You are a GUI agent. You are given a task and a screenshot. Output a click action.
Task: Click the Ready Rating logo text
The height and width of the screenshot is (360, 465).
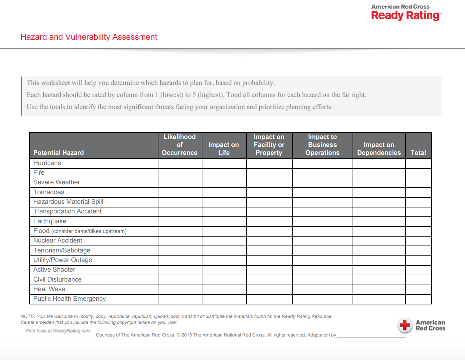point(406,15)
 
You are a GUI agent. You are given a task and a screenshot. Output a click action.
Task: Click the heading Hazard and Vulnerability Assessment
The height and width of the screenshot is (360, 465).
point(89,37)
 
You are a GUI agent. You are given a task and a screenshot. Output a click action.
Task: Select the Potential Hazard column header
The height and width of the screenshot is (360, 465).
point(59,153)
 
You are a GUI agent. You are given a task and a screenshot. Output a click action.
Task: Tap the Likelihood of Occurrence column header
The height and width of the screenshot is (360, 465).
point(180,145)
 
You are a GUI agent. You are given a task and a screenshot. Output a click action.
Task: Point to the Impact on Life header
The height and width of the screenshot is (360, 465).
point(224,149)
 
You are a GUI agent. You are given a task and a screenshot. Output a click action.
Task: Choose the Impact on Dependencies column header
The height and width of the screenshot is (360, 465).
point(379,149)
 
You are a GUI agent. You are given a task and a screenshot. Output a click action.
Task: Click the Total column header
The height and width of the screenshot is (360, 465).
point(418,153)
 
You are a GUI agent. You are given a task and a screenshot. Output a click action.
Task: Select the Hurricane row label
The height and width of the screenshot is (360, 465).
point(47,163)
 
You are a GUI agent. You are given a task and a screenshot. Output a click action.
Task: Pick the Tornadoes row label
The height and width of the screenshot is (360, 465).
point(49,192)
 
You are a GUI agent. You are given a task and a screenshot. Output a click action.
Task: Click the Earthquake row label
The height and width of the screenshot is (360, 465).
point(50,221)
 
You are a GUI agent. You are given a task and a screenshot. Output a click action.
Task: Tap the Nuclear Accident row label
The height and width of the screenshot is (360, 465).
point(58,241)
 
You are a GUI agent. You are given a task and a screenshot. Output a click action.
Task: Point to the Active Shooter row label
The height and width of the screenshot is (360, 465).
point(54,270)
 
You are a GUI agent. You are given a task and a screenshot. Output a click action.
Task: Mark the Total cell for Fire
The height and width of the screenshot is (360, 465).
point(418,173)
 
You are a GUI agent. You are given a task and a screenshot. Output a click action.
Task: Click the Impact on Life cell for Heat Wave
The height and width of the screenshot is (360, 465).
point(224,290)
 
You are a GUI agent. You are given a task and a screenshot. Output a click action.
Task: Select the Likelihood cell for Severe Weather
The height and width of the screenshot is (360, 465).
point(180,183)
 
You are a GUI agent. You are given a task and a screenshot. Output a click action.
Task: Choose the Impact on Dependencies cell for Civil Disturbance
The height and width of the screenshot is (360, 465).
point(379,280)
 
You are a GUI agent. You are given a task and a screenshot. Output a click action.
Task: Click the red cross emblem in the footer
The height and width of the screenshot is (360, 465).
point(405,325)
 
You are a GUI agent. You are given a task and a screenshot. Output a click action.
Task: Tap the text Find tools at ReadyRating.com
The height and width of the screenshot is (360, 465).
point(58,331)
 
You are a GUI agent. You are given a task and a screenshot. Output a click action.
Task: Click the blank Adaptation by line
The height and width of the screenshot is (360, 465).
point(371,336)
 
